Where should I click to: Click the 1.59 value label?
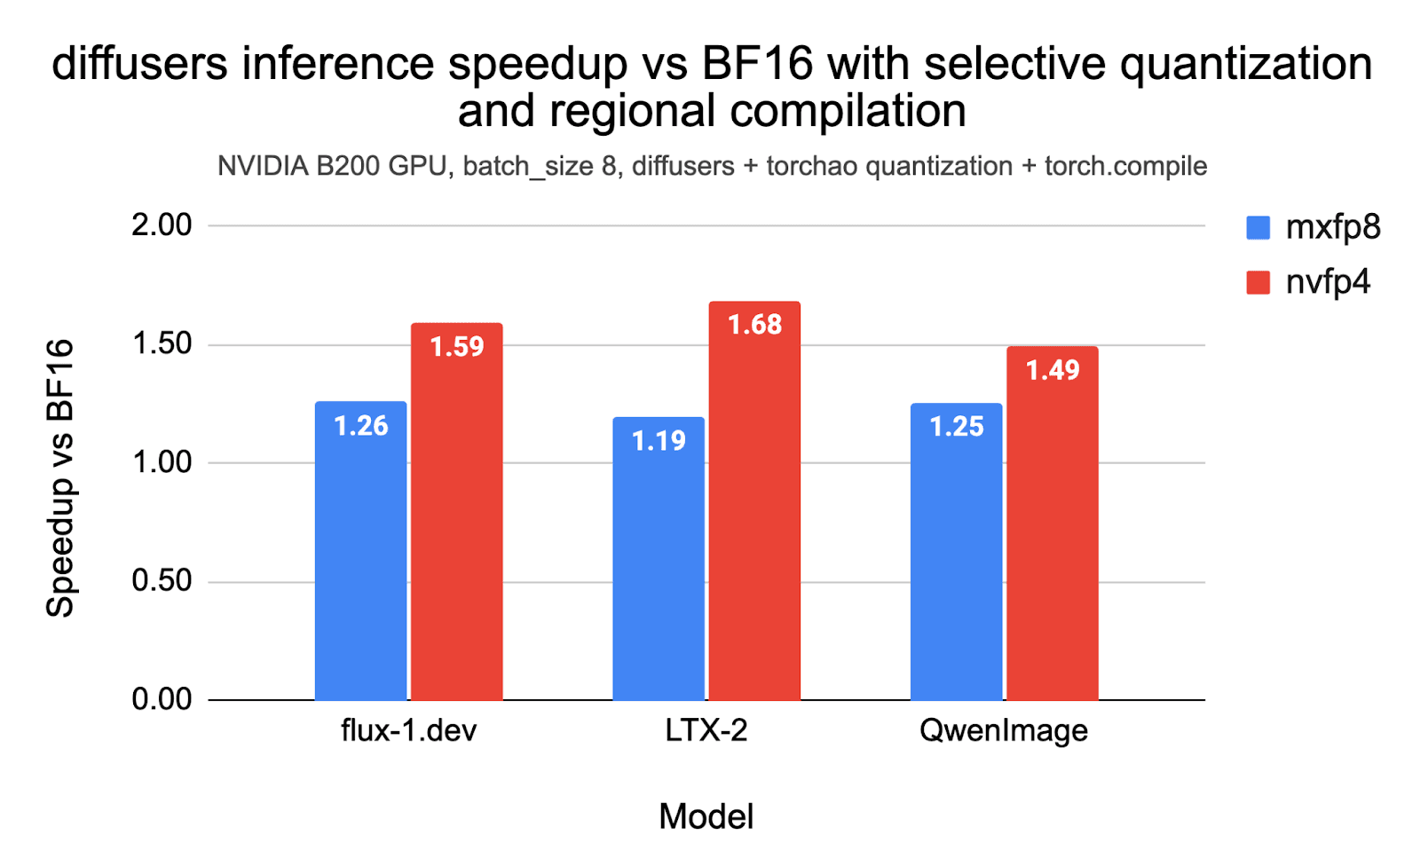point(457,346)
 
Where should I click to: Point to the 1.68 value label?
point(754,325)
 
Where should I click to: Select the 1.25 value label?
point(956,427)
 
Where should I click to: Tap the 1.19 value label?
point(659,440)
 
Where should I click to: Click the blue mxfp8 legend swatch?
point(1258,228)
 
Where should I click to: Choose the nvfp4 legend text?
point(1328,282)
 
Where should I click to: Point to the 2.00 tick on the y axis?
point(162,225)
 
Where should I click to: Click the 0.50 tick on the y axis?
point(162,581)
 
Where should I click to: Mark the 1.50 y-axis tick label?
point(162,344)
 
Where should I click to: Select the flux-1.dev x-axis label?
point(408,730)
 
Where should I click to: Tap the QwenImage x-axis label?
point(1003,730)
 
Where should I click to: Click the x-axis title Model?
point(706,816)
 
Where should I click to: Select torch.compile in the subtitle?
point(1125,167)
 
